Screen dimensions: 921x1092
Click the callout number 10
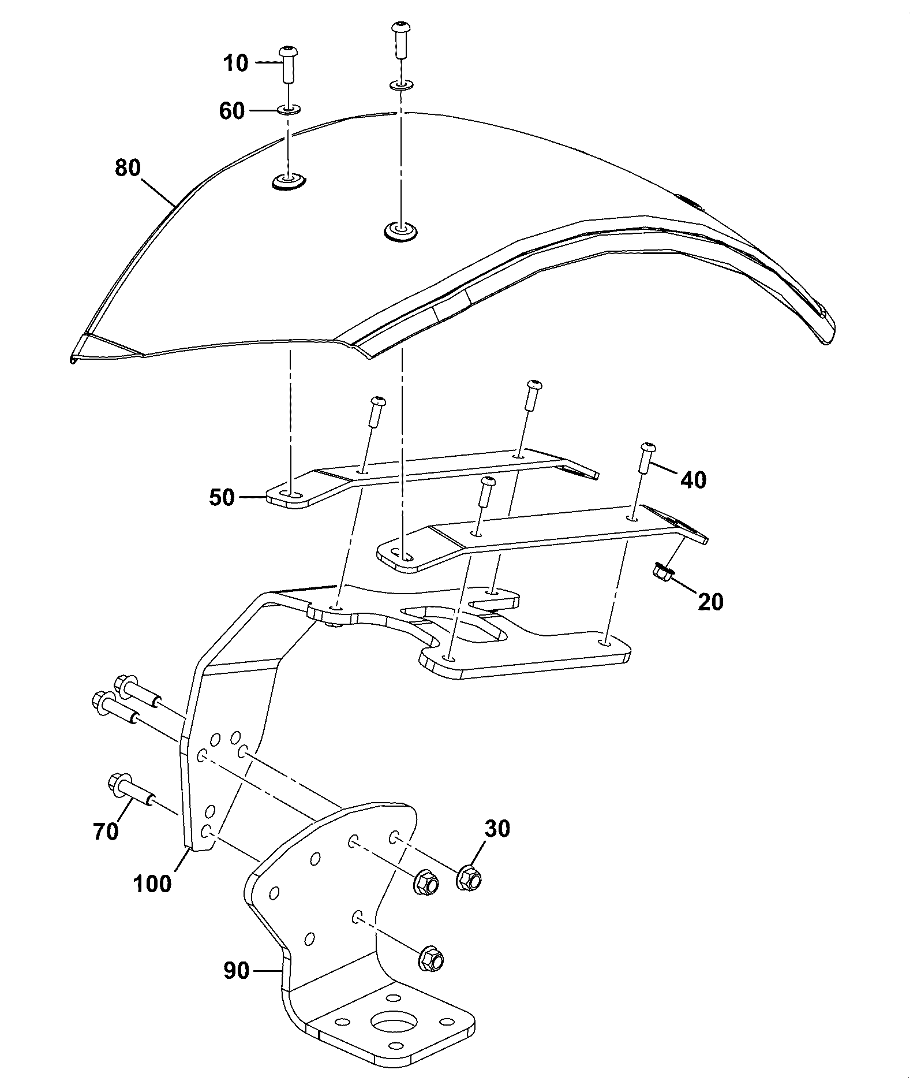235,63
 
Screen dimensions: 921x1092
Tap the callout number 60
232,110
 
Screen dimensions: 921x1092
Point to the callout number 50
222,497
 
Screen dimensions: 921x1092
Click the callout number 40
693,479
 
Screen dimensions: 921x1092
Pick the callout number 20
710,602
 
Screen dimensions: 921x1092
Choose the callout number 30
497,829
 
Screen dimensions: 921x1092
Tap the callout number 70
106,832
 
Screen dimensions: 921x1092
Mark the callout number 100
152,884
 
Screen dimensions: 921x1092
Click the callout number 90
237,971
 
